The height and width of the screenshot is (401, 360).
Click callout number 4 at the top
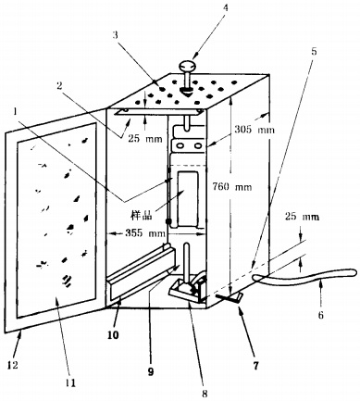(x=226, y=8)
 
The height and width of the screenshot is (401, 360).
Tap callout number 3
(x=115, y=35)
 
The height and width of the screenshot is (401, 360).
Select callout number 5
(x=314, y=51)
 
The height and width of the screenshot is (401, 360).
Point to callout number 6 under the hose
(x=321, y=315)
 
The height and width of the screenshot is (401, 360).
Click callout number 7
(x=255, y=366)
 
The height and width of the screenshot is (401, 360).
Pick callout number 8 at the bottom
(x=205, y=393)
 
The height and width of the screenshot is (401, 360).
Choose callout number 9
(x=151, y=372)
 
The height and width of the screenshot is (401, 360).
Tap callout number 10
(x=113, y=335)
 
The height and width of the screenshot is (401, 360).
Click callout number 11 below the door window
(x=70, y=382)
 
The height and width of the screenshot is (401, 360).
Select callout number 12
(x=13, y=365)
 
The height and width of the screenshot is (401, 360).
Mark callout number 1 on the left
(x=15, y=111)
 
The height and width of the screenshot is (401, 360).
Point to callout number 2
(x=59, y=86)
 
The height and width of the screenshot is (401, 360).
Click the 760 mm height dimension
(x=232, y=186)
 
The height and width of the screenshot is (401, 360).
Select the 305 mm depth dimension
(x=254, y=129)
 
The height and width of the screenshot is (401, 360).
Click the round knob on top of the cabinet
(x=187, y=66)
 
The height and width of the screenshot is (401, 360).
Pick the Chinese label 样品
(x=142, y=215)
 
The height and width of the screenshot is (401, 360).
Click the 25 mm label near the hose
(x=302, y=217)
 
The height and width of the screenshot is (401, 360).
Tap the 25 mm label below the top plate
(x=145, y=139)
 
